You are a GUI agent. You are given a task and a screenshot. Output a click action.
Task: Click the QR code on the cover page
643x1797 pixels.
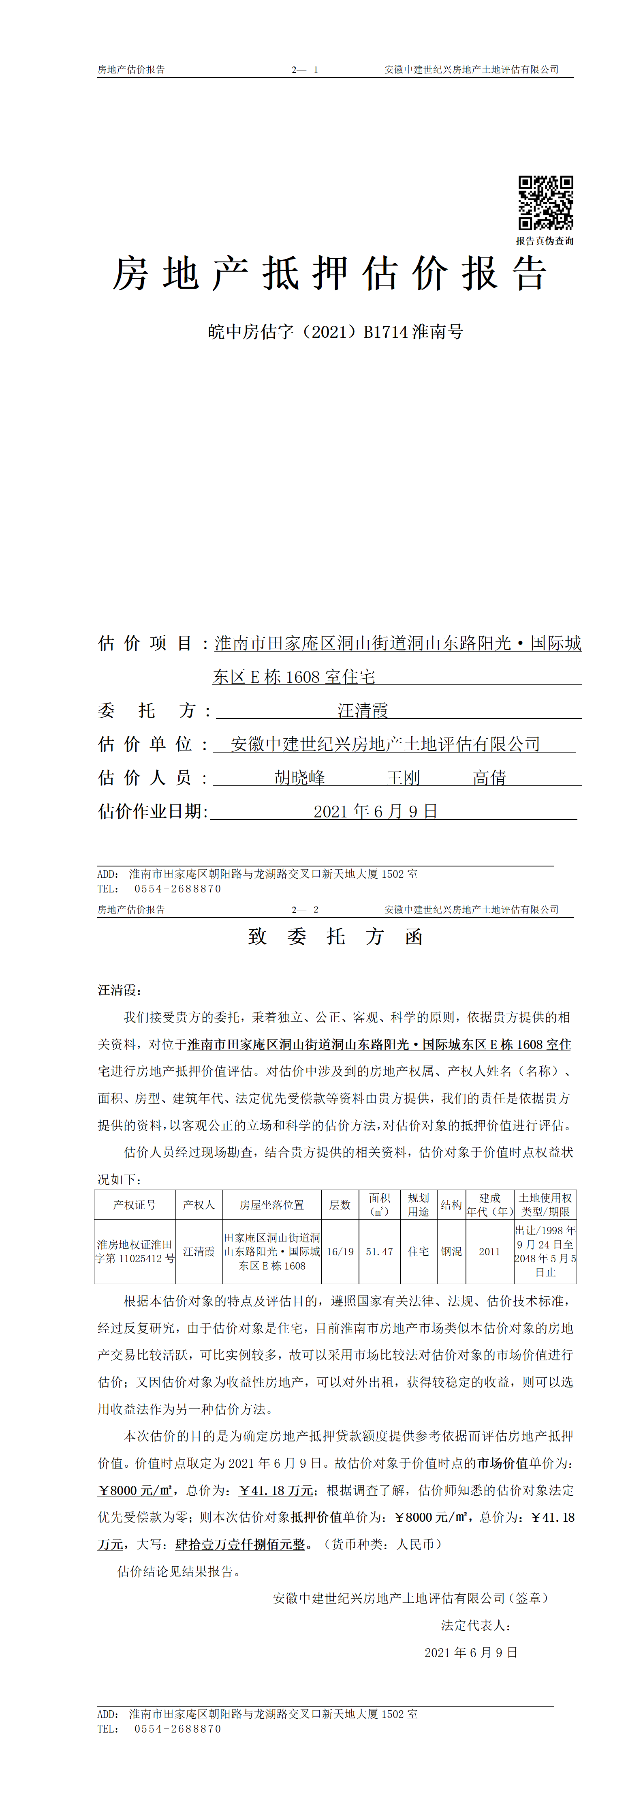[x=545, y=203]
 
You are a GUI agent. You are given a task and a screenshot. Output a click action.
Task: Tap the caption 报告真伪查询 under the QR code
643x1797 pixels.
[x=545, y=241]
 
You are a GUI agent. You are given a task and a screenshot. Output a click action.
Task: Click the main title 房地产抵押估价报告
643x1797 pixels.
[x=330, y=273]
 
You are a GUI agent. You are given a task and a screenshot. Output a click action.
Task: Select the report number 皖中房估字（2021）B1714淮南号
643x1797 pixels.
[x=335, y=332]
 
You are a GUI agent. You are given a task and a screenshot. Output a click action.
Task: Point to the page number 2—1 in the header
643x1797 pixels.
[x=305, y=70]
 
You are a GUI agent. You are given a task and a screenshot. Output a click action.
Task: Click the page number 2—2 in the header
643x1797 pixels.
[x=305, y=910]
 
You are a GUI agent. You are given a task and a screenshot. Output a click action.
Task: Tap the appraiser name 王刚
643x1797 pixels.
[x=403, y=778]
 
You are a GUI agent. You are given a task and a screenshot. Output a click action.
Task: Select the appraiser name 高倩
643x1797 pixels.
[x=489, y=778]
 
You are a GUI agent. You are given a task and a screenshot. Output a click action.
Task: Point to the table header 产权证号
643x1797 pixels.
[x=135, y=1205]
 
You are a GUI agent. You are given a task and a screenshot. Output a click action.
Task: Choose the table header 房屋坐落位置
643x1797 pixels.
[x=272, y=1205]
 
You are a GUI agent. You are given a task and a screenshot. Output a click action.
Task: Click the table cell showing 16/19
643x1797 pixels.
[x=340, y=1252]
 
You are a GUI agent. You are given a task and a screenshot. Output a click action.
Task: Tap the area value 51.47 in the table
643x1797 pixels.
[x=379, y=1252]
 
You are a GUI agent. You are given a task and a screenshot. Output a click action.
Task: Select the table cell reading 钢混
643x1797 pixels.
[x=451, y=1252]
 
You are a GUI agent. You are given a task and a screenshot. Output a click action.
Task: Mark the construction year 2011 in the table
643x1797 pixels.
[x=489, y=1252]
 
